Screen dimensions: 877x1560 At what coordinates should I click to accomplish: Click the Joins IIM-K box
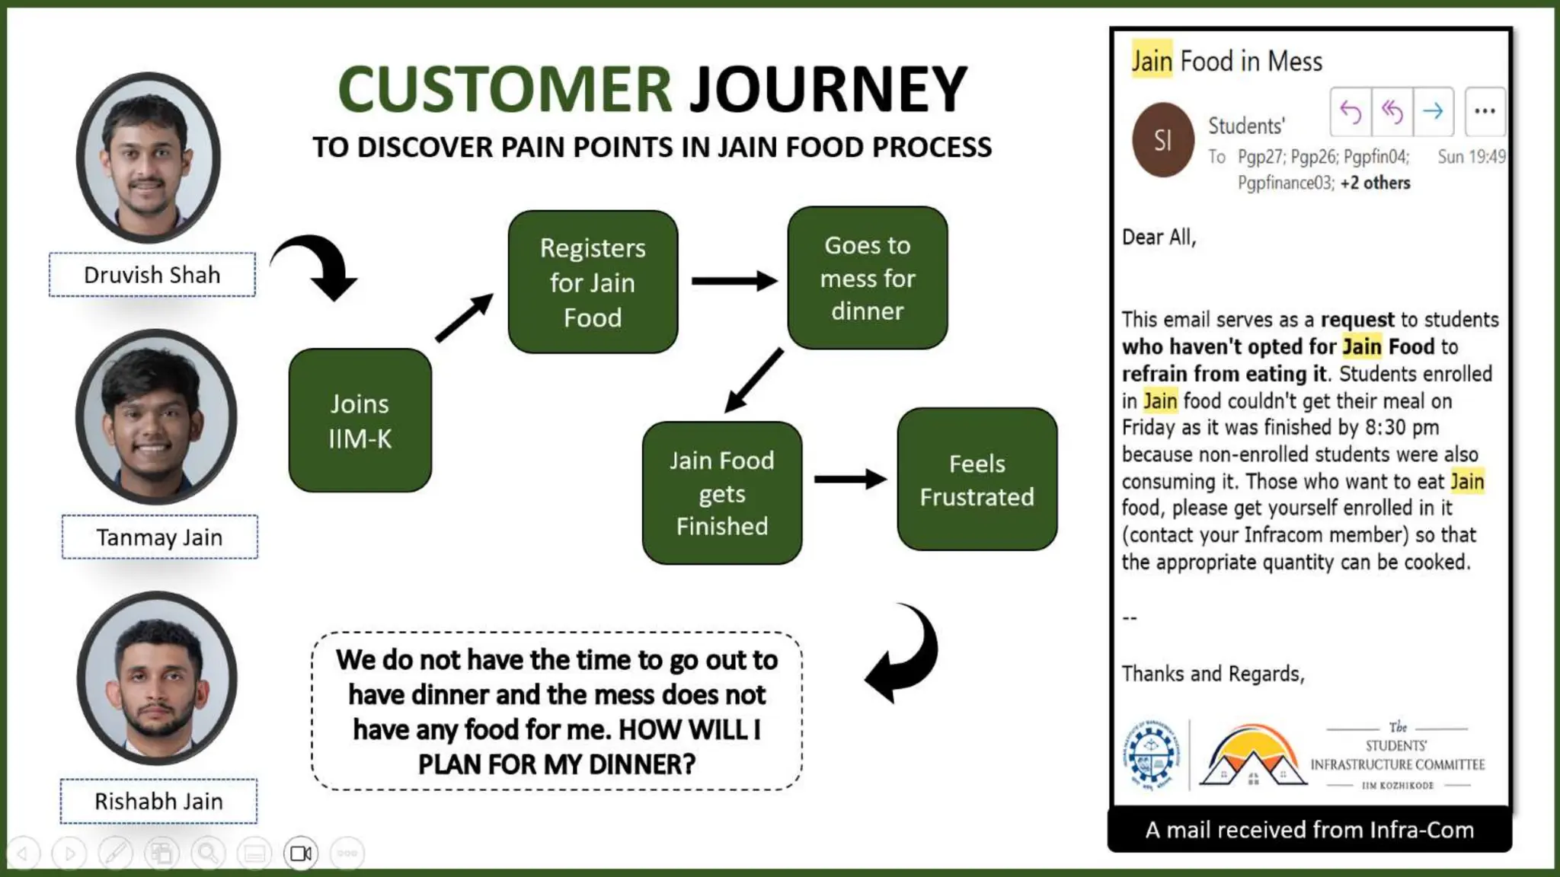(360, 420)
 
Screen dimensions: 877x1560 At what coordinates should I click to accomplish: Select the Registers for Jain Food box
(593, 282)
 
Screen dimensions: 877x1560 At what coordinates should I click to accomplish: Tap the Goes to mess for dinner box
(867, 278)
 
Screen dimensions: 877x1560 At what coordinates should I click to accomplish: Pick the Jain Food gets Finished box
(721, 493)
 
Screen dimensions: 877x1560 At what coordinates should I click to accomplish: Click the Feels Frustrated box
(977, 480)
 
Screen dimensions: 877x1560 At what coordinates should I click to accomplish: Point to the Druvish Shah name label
(152, 275)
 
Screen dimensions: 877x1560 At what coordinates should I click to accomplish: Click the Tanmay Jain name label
(160, 537)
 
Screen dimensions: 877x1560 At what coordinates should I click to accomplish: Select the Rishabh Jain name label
(158, 801)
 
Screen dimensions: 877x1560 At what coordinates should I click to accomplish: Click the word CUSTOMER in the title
(504, 90)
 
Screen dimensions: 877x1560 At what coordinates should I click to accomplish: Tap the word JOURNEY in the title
(828, 90)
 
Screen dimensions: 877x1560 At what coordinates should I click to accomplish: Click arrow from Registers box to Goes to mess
(733, 281)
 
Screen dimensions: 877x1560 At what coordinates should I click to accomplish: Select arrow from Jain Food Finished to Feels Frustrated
(849, 479)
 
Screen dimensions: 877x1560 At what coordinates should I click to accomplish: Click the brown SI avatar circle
(1162, 140)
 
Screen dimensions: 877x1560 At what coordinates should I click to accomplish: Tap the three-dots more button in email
(1485, 111)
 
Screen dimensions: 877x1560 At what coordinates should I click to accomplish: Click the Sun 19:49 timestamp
(1471, 157)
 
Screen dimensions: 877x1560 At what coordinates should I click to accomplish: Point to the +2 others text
(1375, 183)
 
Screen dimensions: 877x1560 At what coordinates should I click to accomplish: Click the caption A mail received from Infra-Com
(1309, 829)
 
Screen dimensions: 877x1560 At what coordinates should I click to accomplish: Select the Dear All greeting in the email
(1159, 238)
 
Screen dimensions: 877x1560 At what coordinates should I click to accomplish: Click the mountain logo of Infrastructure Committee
(1252, 757)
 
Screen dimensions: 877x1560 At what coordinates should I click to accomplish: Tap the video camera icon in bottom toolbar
(301, 853)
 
